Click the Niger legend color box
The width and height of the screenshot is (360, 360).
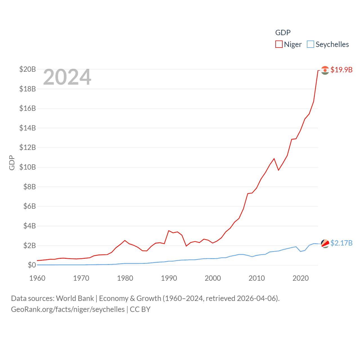pos(279,44)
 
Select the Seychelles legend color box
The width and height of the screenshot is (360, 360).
pos(310,44)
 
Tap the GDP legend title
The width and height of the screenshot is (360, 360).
pos(283,33)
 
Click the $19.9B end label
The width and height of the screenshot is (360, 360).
pos(341,70)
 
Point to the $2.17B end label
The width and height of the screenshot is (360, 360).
pos(341,243)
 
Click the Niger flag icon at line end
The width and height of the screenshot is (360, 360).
pos(325,70)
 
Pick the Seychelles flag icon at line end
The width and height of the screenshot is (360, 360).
pos(325,244)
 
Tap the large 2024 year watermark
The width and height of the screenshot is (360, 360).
pos(67,77)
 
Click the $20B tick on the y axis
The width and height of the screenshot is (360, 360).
pos(28,69)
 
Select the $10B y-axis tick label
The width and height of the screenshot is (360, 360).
pos(28,167)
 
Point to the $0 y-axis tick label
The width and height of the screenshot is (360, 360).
pos(32,265)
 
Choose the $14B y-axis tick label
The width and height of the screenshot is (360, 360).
pos(28,128)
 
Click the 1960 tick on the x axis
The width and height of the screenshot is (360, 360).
pos(37,278)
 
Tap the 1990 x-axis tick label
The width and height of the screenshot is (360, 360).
pos(169,278)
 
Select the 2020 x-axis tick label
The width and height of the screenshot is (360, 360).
pos(301,278)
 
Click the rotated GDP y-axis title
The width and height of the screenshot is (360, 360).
pos(12,163)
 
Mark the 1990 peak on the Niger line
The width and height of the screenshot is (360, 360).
pos(169,231)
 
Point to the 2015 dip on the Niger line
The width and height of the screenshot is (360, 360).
pos(278,170)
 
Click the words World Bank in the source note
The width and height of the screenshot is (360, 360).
pos(75,298)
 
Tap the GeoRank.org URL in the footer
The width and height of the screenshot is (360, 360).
pos(68,309)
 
